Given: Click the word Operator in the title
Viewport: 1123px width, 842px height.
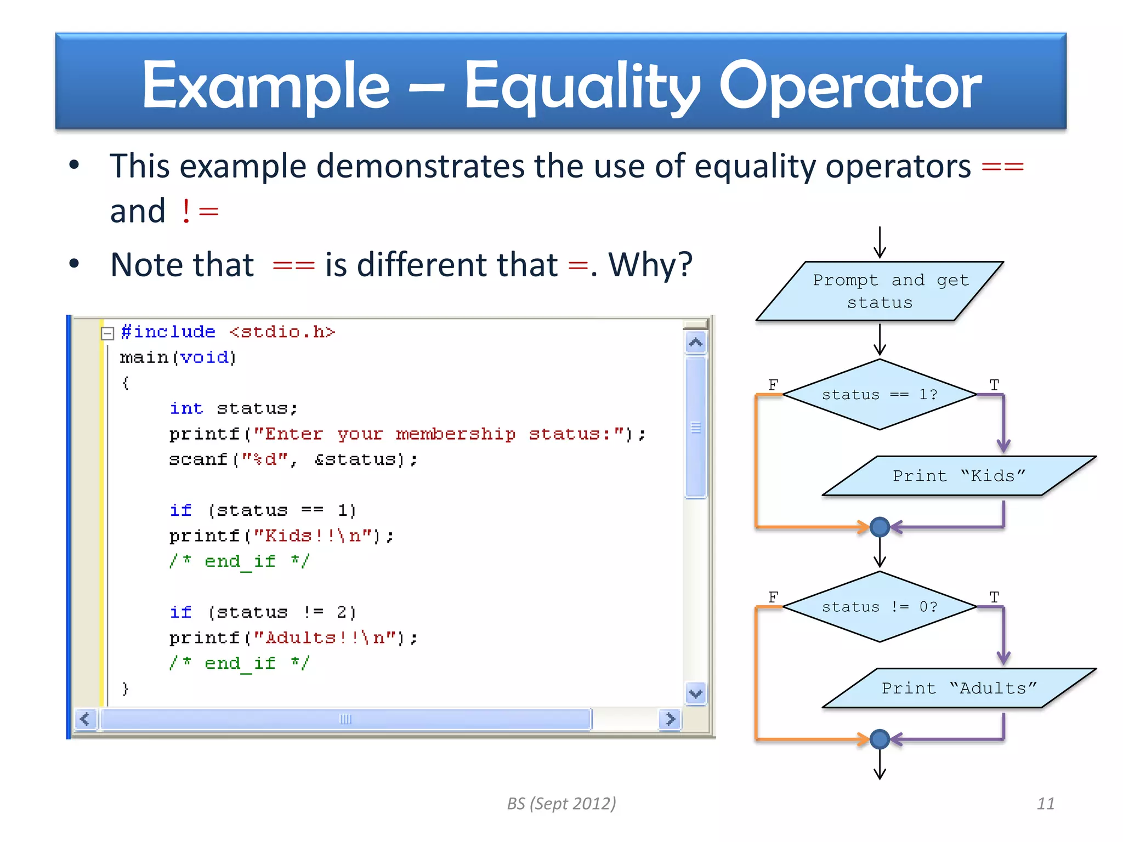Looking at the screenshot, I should point(849,86).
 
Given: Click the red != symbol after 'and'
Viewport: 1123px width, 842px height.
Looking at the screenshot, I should point(200,211).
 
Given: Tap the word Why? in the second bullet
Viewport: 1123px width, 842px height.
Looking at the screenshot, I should point(650,265).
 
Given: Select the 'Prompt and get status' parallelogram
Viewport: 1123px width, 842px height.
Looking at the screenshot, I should point(880,291).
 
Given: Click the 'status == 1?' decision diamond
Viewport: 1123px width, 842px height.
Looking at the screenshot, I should point(880,395).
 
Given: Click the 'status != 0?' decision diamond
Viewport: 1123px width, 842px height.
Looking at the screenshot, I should point(880,607).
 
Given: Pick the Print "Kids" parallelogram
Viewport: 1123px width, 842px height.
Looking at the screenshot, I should point(958,476).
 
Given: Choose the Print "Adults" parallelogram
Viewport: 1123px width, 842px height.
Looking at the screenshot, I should point(958,688).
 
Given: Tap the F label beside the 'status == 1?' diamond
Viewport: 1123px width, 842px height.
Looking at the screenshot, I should point(773,384).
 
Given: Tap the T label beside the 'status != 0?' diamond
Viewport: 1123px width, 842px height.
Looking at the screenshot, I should point(994,596).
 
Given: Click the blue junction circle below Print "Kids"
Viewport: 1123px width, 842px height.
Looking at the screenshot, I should point(880,527).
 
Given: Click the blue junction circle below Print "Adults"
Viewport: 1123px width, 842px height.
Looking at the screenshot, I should point(880,739).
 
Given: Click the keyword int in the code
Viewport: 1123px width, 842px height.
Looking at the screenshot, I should point(186,408).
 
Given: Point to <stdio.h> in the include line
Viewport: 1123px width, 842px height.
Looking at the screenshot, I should point(282,332).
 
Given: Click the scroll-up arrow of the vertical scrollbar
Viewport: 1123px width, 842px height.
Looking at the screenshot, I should point(695,343).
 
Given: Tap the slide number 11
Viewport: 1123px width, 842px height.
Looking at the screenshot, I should point(1045,804).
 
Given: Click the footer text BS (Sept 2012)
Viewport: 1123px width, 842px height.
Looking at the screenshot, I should point(561,804).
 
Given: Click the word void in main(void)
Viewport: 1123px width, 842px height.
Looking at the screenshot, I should point(205,357).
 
